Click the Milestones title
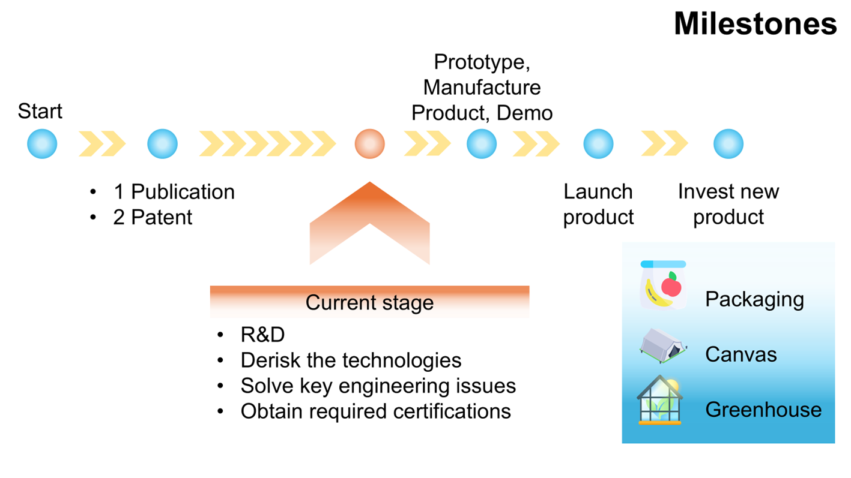click(755, 24)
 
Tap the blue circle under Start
click(42, 144)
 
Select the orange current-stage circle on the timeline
click(369, 144)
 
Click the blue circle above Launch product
click(598, 144)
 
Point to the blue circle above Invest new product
click(728, 144)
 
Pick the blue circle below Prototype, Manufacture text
click(482, 144)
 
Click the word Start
click(40, 112)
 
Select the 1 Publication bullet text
click(174, 192)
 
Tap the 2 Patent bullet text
click(153, 217)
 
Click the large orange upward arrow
click(369, 222)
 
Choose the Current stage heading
click(369, 302)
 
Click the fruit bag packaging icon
click(663, 285)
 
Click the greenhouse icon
click(660, 400)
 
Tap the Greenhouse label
click(763, 410)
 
